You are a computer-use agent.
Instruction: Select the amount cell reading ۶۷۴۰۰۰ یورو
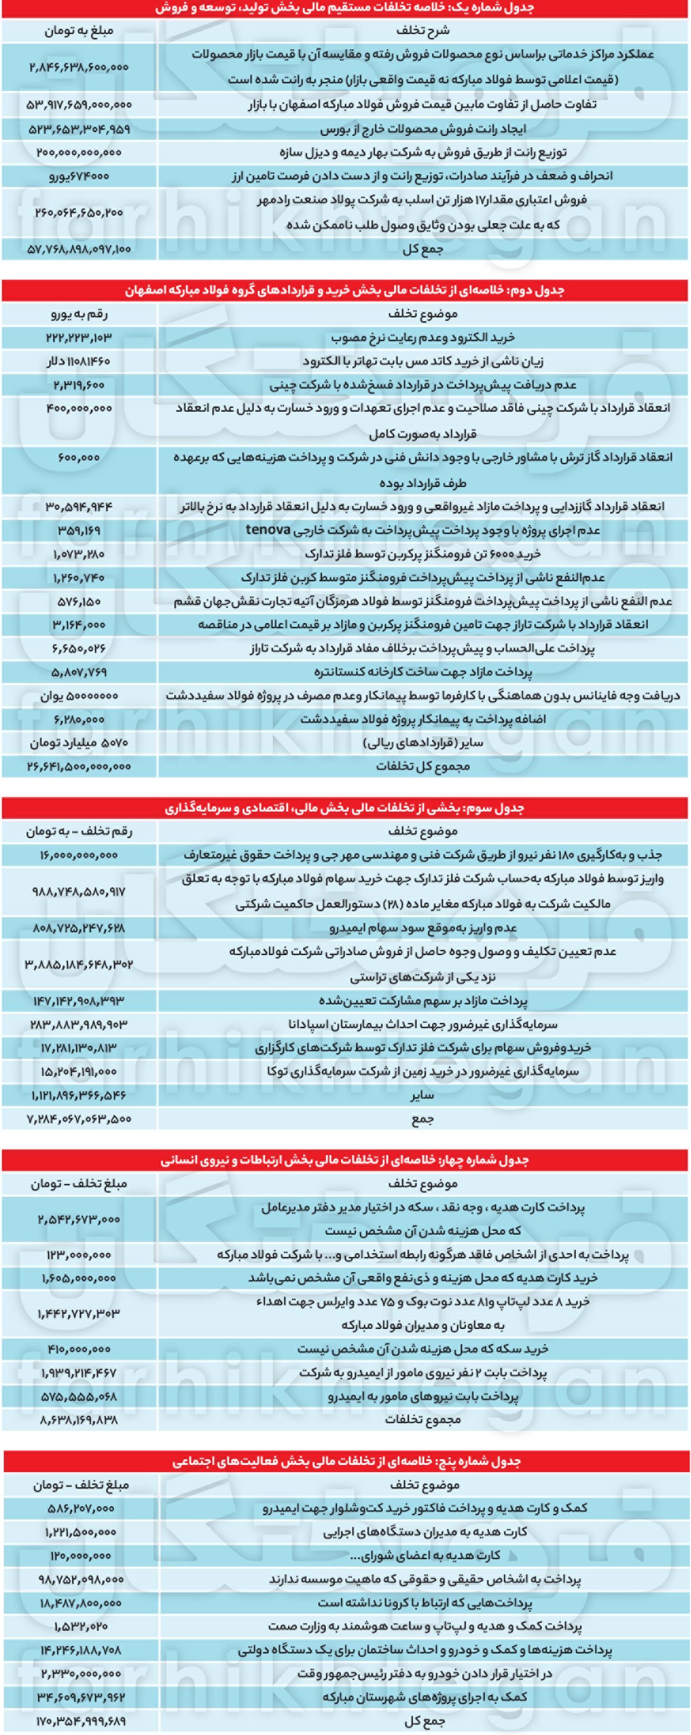(x=79, y=176)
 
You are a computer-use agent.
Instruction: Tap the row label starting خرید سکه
(x=422, y=1349)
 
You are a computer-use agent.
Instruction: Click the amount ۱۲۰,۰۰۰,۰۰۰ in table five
(x=80, y=1556)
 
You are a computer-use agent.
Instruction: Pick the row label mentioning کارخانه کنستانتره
(x=422, y=672)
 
